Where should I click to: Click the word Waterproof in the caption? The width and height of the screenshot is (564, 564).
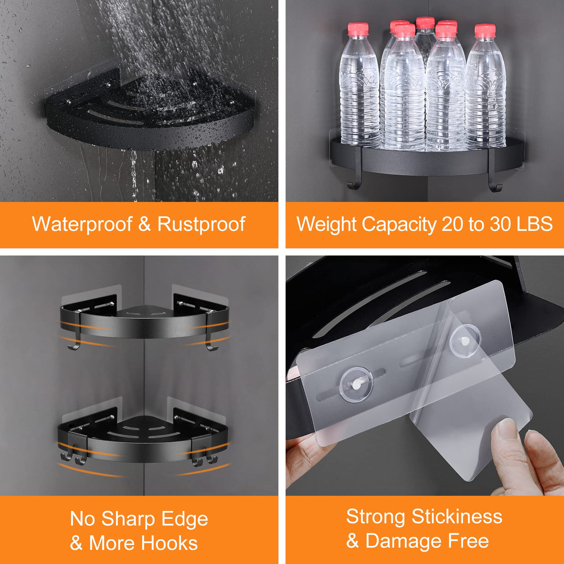tap(82, 224)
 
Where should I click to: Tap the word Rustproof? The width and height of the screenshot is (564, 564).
tap(201, 224)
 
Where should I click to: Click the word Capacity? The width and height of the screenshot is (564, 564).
tap(399, 224)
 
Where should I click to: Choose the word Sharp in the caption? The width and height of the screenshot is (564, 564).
tap(129, 519)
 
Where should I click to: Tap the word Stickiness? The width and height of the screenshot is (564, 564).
tap(457, 517)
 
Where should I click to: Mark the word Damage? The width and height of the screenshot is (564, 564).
tap(404, 541)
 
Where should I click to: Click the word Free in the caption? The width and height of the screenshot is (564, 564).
tap(468, 541)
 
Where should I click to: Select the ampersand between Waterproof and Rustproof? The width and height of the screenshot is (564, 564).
tap(144, 224)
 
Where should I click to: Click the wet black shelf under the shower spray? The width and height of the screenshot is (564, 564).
tap(149, 111)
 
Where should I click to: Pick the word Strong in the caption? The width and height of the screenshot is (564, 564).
tap(376, 517)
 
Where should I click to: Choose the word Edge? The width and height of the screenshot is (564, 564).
tap(188, 519)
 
